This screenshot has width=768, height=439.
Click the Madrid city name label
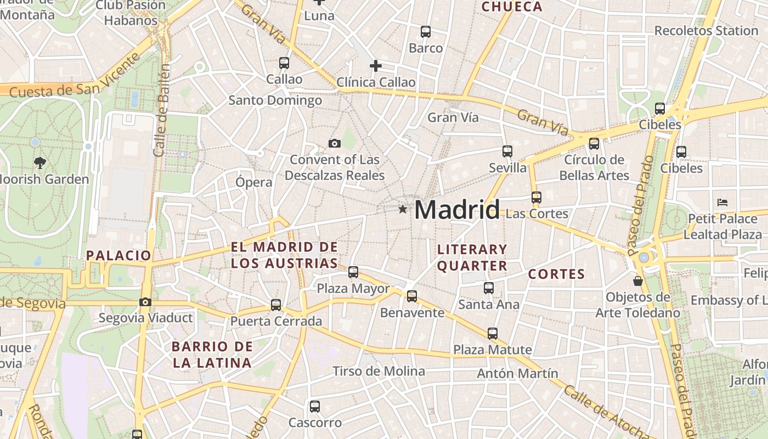coord(457,210)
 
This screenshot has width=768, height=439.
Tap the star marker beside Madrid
coord(403,209)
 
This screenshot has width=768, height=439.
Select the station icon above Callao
coord(284,63)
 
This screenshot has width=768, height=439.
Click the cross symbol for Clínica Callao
coord(376,66)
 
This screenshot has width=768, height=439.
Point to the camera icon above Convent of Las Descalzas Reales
coord(334,144)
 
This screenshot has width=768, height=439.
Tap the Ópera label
coord(254,182)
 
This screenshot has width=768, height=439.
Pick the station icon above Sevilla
coord(507,151)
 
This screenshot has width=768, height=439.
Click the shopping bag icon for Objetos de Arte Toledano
coord(637,281)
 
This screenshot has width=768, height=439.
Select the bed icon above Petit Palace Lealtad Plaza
coord(722,202)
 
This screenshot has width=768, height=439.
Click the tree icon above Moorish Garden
coord(39,162)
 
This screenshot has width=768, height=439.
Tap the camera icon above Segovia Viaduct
coord(145,302)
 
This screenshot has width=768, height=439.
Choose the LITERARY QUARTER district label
coord(472,257)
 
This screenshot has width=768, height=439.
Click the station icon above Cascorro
coord(315,407)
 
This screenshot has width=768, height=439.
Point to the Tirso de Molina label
coord(379,372)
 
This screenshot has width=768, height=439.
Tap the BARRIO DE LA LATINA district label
coord(212,354)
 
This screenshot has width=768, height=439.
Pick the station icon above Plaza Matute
coord(493,333)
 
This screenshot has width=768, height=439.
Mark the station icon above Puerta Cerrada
coord(276,305)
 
